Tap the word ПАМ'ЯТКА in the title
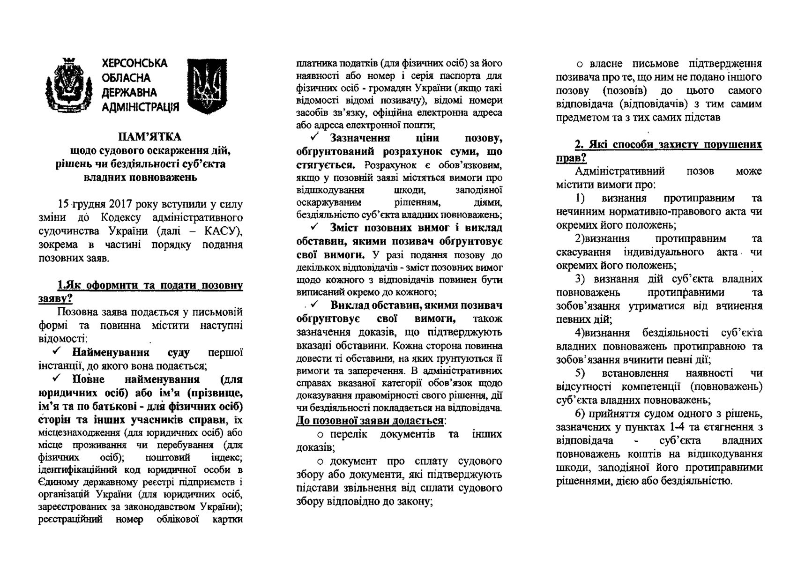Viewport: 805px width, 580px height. coord(149,137)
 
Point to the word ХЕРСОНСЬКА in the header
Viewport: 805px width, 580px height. coord(134,63)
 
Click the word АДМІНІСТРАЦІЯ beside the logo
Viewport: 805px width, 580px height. coord(140,108)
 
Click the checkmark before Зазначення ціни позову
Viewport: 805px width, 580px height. coord(315,138)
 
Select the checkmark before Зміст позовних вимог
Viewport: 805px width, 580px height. coord(315,227)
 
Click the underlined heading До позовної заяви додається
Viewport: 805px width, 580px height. coord(370,420)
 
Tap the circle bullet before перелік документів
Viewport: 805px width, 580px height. coord(321,435)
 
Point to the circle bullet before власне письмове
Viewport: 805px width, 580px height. coord(580,64)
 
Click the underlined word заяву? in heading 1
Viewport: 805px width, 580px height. coord(55,298)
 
